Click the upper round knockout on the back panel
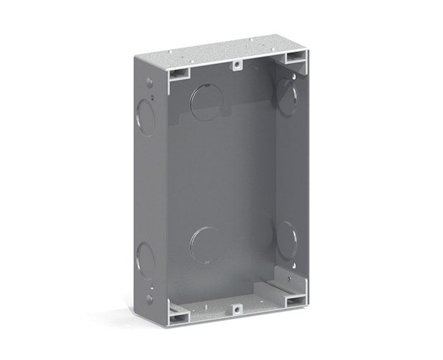point(206,102)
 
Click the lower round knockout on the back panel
point(206,245)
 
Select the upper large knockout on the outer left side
point(145,115)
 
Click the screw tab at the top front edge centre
point(236,65)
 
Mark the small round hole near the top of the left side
point(149,82)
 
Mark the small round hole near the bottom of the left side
point(149,298)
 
